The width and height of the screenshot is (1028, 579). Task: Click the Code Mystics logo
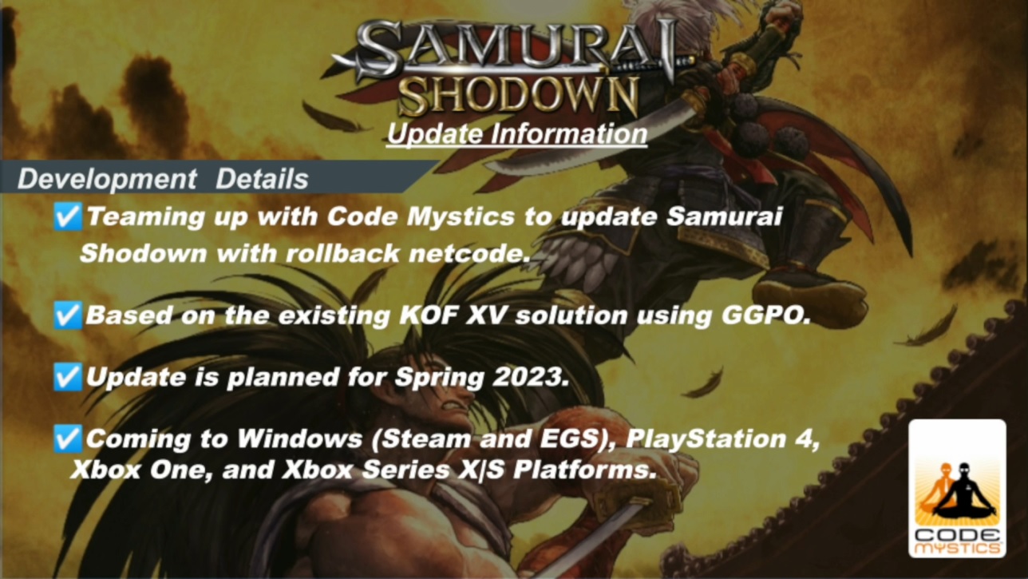point(957,488)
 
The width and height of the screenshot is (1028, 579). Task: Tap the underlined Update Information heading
point(516,134)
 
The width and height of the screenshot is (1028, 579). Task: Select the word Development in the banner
point(107,179)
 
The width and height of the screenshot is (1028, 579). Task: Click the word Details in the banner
point(262,179)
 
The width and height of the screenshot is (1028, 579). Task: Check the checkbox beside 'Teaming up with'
point(68,216)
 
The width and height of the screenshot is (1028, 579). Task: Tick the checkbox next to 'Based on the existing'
point(68,315)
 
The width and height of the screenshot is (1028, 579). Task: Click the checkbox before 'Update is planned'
point(68,376)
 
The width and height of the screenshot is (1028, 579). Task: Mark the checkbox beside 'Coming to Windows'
point(68,438)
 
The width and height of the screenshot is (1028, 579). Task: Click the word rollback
point(342,253)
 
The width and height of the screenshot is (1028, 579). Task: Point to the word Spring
point(439,378)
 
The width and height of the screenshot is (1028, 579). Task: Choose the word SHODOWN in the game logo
point(519,96)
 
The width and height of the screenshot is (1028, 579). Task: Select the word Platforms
point(585,470)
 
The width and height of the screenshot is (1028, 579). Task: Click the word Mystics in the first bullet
point(461,217)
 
